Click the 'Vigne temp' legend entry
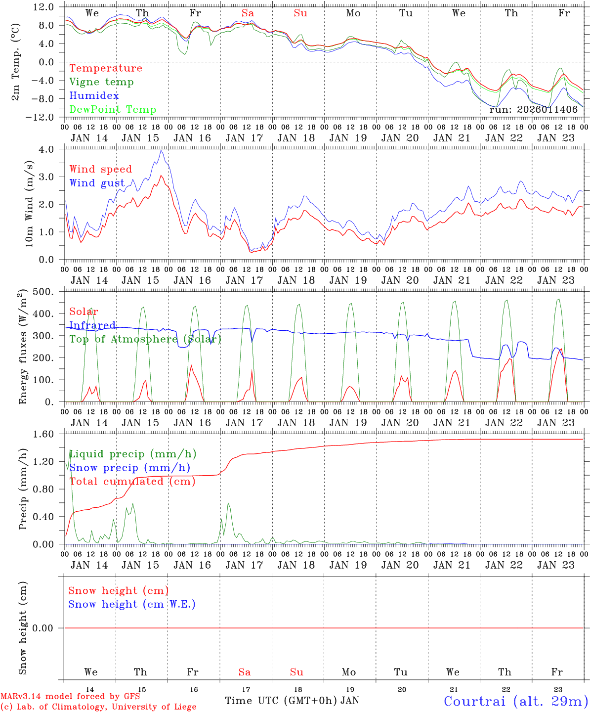(x=101, y=82)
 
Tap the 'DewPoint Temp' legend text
(x=113, y=110)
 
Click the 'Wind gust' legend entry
(x=97, y=183)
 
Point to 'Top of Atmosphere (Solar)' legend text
(x=145, y=339)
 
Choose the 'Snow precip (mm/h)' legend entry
(x=129, y=468)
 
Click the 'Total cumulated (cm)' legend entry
(x=132, y=482)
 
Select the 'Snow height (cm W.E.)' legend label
(x=132, y=604)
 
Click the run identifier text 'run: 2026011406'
(x=533, y=110)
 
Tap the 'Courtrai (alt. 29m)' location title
(x=516, y=701)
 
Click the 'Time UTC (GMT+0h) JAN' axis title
(x=292, y=701)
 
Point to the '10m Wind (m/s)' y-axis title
(x=29, y=204)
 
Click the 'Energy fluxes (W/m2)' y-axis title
(x=23, y=348)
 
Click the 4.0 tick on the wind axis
(x=50, y=149)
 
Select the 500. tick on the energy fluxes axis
(x=46, y=292)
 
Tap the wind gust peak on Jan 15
(x=161, y=150)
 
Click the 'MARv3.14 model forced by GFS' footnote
(x=70, y=697)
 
